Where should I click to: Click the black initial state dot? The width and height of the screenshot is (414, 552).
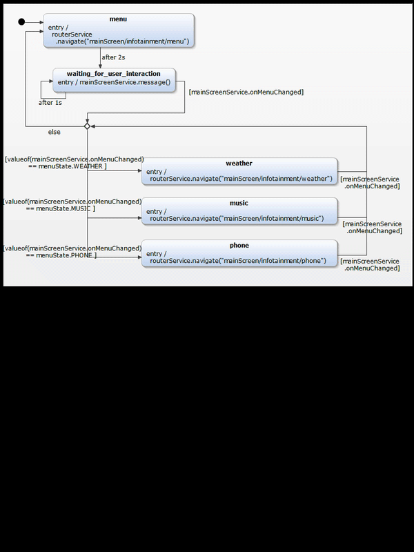coord(21,22)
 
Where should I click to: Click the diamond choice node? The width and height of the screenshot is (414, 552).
coord(87,126)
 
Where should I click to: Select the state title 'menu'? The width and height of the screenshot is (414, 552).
coord(118,19)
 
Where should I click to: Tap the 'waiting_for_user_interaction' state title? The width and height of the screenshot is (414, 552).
coord(114,74)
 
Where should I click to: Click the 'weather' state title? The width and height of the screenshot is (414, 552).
coord(239,164)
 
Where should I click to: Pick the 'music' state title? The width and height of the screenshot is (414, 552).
coord(239,204)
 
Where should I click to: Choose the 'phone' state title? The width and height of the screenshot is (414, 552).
coord(239,246)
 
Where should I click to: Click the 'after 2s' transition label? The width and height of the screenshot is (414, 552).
coord(113,57)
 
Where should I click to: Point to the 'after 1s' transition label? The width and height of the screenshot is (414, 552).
coord(49,102)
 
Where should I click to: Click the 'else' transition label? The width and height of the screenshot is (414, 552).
coord(54,132)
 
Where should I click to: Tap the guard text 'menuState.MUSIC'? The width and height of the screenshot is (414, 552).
coord(66,208)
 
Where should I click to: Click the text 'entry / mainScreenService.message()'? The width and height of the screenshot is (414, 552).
coord(114,83)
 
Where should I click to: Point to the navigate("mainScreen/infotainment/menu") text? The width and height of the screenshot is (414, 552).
coord(123,41)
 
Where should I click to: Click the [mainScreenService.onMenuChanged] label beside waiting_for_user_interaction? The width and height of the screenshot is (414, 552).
coord(246,92)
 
